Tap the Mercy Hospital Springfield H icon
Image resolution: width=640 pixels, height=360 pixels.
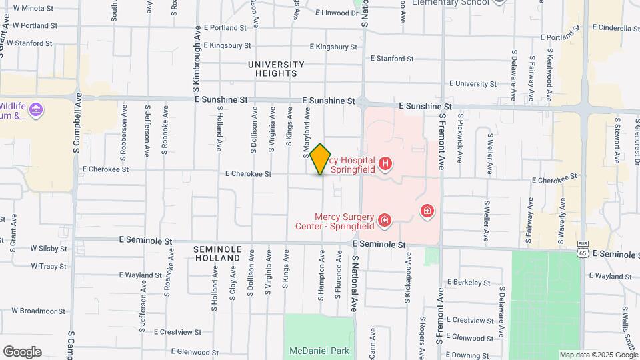tap(385, 163)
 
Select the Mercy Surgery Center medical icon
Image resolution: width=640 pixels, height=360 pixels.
tap(384, 220)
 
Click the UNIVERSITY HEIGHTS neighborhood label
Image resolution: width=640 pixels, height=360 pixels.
tap(276, 69)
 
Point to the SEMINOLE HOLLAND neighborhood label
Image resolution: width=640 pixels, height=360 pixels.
tap(216, 253)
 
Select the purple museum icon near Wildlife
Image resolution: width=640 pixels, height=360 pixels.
tap(37, 109)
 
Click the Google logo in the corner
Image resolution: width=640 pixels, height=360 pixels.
tap(22, 352)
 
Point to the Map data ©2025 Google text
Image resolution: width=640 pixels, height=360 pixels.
tap(598, 355)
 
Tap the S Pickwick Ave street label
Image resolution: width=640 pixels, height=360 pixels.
tap(460, 139)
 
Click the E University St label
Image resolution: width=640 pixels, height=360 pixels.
tap(478, 84)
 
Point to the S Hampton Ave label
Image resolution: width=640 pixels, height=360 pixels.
tap(321, 273)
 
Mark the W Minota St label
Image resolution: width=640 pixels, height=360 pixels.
tap(33, 8)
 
